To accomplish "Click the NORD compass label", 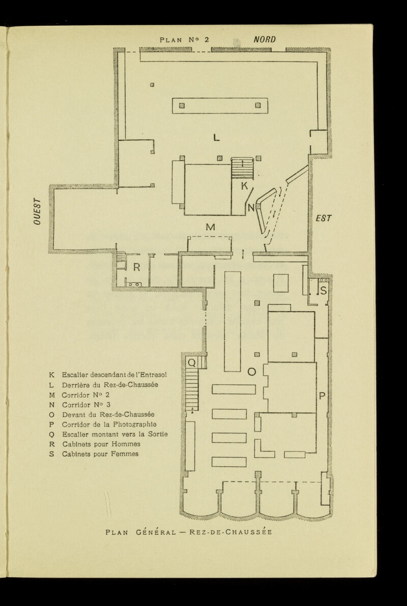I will pos(265,39).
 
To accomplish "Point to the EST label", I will pos(324,218).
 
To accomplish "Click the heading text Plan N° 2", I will pos(185,39).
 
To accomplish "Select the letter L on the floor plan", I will pos(217,137).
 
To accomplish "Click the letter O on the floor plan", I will pos(251,373).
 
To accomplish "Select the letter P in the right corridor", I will pos(322,396).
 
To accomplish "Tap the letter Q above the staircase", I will pos(192,362).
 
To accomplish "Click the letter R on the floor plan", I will pos(136,267).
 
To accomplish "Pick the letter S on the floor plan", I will pos(323,291).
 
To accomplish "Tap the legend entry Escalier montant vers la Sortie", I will pos(114,434).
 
